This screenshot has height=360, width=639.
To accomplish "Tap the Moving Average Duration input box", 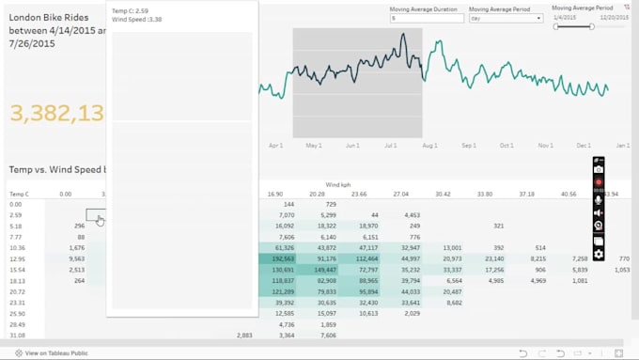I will point(425,18).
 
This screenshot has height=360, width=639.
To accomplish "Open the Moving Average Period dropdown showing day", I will point(507,18).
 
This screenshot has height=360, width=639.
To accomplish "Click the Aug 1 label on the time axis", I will point(429,147).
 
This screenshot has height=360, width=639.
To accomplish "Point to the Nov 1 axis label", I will point(545,147).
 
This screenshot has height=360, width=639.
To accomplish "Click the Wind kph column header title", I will point(338,184).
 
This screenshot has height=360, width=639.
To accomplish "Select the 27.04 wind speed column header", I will point(401,195).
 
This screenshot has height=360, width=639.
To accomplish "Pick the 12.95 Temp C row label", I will point(16,258).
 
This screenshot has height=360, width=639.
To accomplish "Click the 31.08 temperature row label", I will point(16,335).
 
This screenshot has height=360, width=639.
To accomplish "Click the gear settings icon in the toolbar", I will point(599,254).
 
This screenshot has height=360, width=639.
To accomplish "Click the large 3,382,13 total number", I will point(56,114).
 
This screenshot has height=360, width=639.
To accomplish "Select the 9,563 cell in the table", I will point(77,258).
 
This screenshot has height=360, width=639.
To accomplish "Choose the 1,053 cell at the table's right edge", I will point(622,269).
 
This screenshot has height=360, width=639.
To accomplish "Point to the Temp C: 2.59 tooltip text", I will point(130,10).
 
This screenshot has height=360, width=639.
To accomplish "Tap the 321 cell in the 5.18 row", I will point(498,226).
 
